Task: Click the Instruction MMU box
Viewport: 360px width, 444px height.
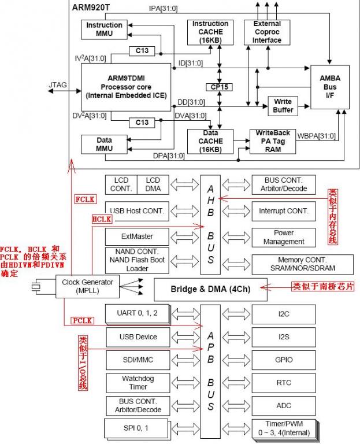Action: tap(104, 29)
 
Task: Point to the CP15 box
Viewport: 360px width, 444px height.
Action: tap(220, 87)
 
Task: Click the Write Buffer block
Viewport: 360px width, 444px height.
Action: tap(283, 105)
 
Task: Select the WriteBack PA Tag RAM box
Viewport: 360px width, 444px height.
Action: tap(273, 140)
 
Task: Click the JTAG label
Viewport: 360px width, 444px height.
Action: tap(58, 85)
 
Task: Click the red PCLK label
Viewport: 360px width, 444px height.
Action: tap(83, 320)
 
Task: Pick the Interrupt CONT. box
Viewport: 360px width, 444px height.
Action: tap(284, 211)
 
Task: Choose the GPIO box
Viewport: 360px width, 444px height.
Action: tap(284, 360)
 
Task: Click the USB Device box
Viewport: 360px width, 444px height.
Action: tap(138, 336)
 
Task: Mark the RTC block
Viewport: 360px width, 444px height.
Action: tap(284, 382)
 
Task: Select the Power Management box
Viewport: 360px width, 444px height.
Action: tap(284, 237)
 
